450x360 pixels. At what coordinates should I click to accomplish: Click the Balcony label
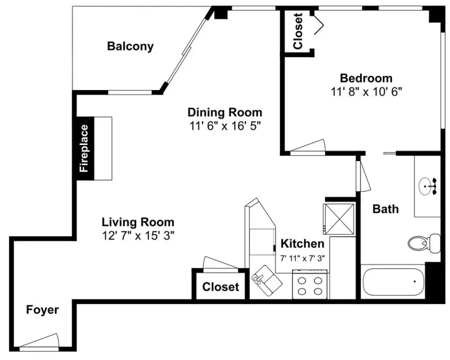(130, 46)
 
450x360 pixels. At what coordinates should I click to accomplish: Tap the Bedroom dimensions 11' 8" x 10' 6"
(366, 92)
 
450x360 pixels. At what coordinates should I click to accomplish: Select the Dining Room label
(225, 112)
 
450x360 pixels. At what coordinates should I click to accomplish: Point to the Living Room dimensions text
(138, 236)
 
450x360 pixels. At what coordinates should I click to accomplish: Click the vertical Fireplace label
(84, 148)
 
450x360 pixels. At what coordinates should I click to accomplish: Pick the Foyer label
(43, 310)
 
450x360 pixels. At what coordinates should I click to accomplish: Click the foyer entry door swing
(39, 341)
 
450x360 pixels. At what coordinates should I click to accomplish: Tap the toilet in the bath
(424, 243)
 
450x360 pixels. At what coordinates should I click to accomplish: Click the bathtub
(393, 282)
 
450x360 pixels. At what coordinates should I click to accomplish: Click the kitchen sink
(267, 280)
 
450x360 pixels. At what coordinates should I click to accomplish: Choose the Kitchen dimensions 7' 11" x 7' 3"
(302, 258)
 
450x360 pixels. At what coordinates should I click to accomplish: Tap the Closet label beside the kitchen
(220, 287)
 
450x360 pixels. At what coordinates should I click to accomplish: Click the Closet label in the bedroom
(298, 31)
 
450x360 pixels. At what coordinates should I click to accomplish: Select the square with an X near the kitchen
(338, 219)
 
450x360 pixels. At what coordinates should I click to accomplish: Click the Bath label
(385, 209)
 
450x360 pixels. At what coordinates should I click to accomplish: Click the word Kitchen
(302, 244)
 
